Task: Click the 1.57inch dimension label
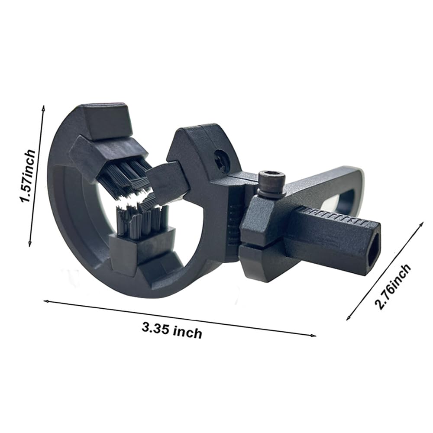28,176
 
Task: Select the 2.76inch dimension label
392,287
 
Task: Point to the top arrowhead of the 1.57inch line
43,107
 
